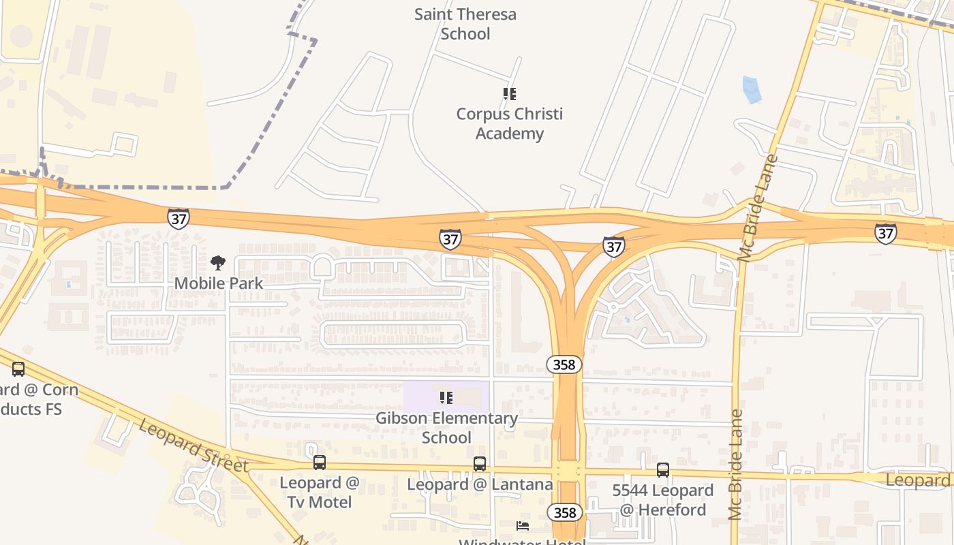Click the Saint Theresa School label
coord(465,24)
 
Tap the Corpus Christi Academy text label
coord(510,123)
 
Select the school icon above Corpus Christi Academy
coord(509,94)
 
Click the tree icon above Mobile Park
coord(218,263)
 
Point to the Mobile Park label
coord(219,283)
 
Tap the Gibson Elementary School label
coord(446,427)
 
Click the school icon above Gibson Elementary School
coord(446,397)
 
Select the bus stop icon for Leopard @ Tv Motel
coord(320,463)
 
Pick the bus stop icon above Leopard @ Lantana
coord(480,464)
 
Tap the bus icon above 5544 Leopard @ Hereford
coord(663,469)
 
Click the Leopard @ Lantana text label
coord(480,484)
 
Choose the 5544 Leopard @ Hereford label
coord(662,499)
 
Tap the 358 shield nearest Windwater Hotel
coord(564,512)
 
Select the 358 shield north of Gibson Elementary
coord(564,364)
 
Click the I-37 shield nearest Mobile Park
coord(178,219)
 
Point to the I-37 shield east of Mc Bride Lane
coord(885,234)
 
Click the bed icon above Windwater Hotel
coord(523,525)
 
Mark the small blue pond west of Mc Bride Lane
coord(750,89)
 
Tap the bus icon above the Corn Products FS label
coord(18,369)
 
